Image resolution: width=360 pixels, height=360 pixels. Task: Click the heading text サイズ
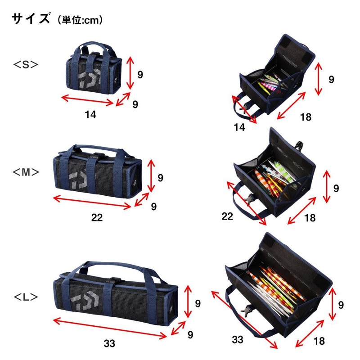(30, 19)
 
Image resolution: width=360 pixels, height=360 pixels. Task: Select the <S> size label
(25, 65)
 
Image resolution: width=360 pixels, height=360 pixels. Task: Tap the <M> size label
(25, 172)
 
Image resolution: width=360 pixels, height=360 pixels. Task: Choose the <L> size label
(25, 297)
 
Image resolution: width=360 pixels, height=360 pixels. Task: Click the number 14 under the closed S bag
(90, 115)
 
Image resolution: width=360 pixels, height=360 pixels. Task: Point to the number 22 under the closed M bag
(97, 218)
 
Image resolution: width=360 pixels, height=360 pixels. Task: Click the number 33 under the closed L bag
(109, 343)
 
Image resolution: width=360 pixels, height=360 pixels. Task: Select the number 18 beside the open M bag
(310, 218)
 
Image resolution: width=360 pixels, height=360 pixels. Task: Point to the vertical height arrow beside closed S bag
(130, 73)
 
